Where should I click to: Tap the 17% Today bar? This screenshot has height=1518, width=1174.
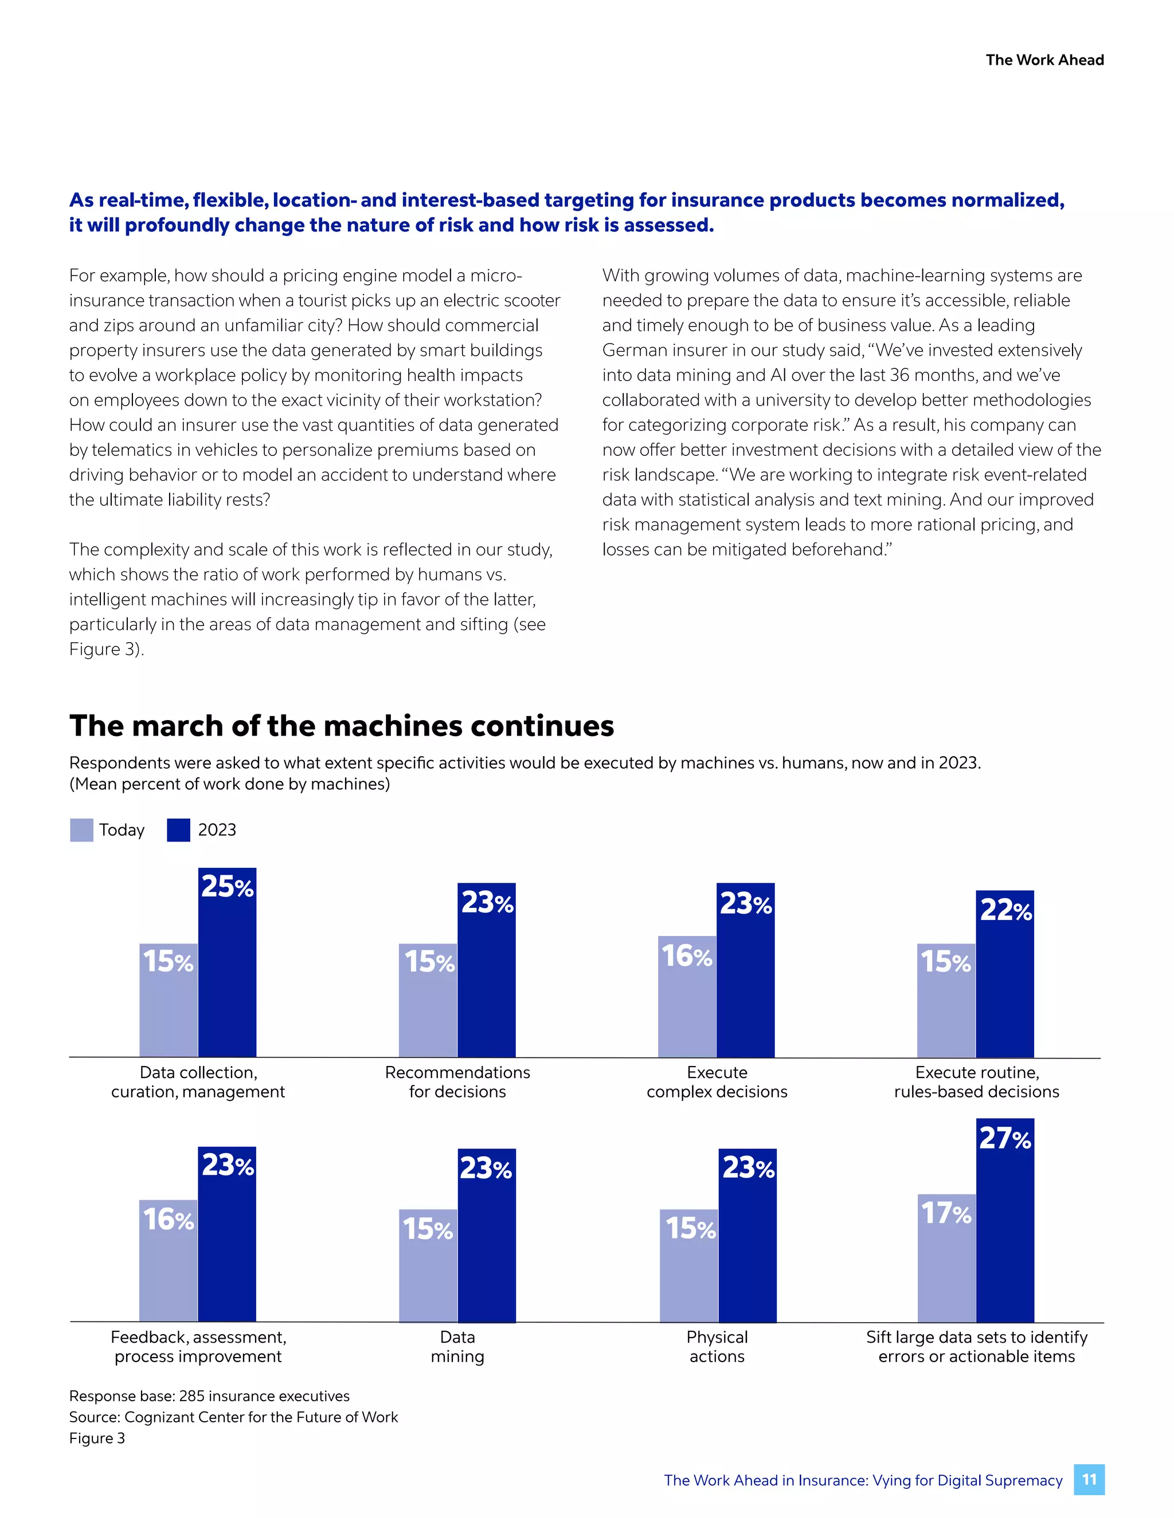coord(946,1257)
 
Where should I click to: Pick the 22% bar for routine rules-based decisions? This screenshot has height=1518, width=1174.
coord(1004,973)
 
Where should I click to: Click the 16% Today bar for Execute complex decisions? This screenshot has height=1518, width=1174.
coord(687,996)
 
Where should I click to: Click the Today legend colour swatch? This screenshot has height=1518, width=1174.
coord(81,830)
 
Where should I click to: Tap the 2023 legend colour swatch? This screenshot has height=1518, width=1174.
coord(179,830)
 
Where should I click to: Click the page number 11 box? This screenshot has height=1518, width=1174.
coord(1089,1480)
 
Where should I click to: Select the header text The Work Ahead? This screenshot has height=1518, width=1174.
coord(1044,60)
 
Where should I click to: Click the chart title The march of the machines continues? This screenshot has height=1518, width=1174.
coord(342,726)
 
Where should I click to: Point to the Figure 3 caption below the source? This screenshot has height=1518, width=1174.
coord(97,1438)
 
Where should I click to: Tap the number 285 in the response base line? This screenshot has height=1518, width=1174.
coord(191,1395)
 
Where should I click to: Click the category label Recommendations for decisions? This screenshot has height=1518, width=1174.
coord(457,1082)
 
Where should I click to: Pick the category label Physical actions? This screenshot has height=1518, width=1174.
coord(717,1346)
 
